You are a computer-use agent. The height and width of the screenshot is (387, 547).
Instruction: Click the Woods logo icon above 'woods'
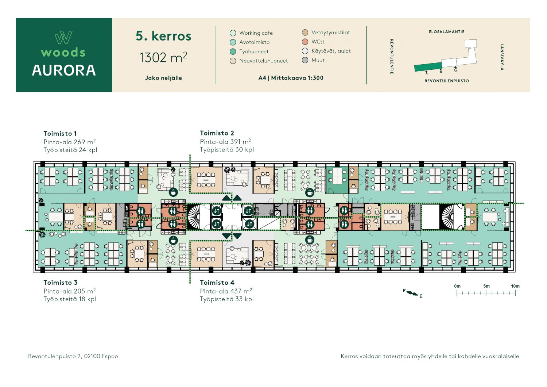point(63,37)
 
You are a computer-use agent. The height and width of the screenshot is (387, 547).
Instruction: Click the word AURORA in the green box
point(64,70)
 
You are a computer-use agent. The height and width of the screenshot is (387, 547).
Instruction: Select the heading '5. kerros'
point(163,36)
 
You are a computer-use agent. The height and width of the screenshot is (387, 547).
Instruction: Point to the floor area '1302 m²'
point(163,57)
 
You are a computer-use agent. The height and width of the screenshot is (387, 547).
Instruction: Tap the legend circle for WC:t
point(305,42)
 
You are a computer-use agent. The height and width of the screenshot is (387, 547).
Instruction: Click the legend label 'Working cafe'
point(256,33)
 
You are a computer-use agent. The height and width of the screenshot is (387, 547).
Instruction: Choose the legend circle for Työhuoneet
point(233,51)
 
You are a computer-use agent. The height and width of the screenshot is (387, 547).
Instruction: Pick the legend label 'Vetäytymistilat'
point(331,32)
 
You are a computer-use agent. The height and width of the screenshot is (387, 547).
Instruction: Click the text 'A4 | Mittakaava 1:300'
point(291,78)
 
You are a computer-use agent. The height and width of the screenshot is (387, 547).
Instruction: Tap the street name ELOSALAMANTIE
point(447,32)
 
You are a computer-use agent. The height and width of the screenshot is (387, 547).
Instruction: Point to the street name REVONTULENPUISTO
point(447,81)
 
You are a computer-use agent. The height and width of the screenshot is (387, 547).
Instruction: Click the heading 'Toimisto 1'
point(60,134)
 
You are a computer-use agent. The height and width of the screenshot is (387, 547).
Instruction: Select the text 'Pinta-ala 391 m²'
point(225,141)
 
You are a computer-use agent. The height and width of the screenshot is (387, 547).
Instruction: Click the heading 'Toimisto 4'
point(217,283)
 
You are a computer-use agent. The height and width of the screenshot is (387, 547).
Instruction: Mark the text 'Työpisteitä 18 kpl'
point(70,299)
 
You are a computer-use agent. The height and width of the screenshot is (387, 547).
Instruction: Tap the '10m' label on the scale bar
point(515,286)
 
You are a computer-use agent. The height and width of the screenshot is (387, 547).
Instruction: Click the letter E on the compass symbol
point(421,296)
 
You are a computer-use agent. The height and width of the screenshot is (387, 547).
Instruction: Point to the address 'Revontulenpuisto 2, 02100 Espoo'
point(73,356)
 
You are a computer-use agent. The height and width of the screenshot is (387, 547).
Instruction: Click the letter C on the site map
point(456,70)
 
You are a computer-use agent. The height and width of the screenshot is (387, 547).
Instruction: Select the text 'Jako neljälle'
point(163,78)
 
